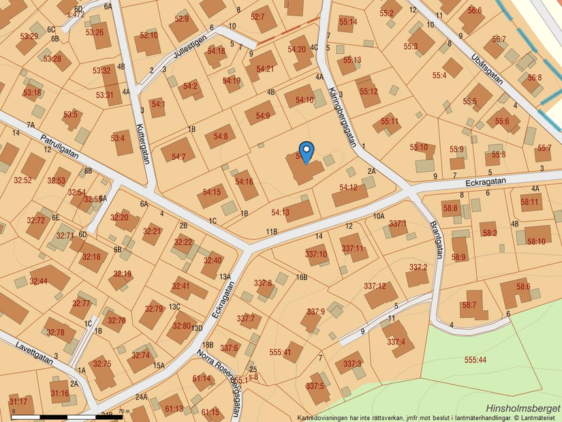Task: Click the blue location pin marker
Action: (x=307, y=151)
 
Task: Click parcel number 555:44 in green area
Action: (x=475, y=359)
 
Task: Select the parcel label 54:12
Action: (x=349, y=187)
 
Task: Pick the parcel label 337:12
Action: (x=375, y=286)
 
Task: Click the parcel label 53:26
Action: (x=95, y=32)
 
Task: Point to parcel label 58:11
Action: (x=530, y=201)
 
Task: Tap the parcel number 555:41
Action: (x=280, y=352)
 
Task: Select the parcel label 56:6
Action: (x=475, y=11)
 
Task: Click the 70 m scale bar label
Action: (x=123, y=411)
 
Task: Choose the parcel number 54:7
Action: (x=179, y=157)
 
